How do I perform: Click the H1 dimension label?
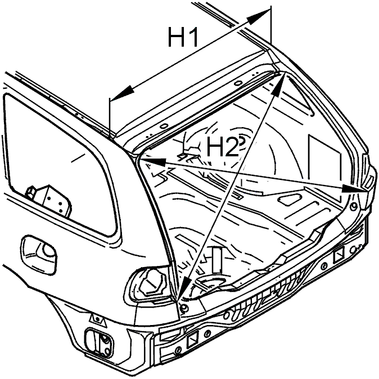pos(183,37)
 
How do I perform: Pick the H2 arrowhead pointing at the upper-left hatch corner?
pos(153,162)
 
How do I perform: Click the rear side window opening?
pos(60,163)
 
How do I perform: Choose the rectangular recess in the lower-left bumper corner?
pos(98,341)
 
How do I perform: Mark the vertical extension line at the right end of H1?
pos(271,25)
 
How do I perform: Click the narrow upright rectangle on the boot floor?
pos(217,260)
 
